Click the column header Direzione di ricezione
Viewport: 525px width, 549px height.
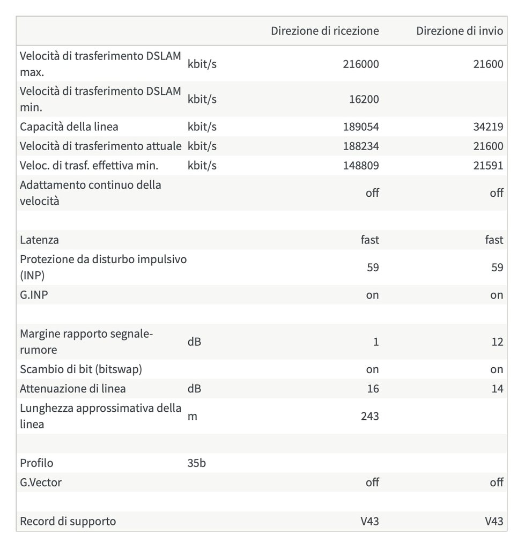[x=324, y=31]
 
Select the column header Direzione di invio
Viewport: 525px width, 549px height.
[x=460, y=31]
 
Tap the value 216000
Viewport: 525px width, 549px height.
[x=360, y=64]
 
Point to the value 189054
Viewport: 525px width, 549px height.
[x=360, y=127]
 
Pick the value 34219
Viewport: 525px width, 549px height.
[x=488, y=127]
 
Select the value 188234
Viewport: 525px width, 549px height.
[x=360, y=146]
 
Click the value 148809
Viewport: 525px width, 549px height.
[x=360, y=166]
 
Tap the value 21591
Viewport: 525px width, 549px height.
[x=488, y=166]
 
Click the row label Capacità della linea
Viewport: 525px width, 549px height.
[x=69, y=127]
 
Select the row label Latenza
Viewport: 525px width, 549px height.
[x=39, y=240]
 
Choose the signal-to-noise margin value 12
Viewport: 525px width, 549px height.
[x=497, y=342]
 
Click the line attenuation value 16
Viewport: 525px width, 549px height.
[x=373, y=389]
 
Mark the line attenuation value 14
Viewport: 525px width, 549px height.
[x=497, y=389]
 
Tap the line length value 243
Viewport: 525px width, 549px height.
[x=369, y=416]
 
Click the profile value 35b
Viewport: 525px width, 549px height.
[x=196, y=463]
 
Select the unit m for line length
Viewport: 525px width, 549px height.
[x=192, y=416]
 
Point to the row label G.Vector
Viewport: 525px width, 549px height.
[x=41, y=483]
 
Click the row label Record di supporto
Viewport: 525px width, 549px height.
[x=68, y=521]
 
